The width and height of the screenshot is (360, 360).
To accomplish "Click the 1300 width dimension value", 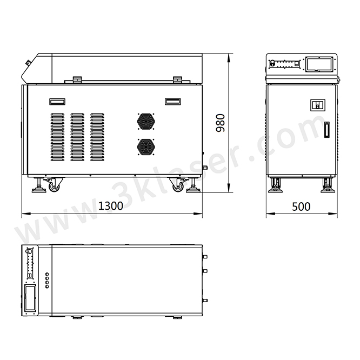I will pyautogui.click(x=111, y=206).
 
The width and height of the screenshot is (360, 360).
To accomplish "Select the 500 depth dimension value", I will pyautogui.click(x=302, y=206).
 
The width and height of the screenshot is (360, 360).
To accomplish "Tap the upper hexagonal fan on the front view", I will pyautogui.click(x=145, y=121).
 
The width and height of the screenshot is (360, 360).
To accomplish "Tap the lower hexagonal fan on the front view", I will pyautogui.click(x=145, y=145).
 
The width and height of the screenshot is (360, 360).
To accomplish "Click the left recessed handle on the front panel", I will pyautogui.click(x=57, y=101).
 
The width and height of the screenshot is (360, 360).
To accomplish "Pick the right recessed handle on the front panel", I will pyautogui.click(x=173, y=101).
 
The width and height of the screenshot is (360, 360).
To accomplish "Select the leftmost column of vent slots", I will pyautogui.click(x=57, y=137).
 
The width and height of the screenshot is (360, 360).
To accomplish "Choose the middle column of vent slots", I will pyautogui.click(x=77, y=137).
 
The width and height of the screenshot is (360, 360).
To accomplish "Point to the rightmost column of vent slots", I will pyautogui.click(x=97, y=137).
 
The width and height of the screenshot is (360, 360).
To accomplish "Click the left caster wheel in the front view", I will pyautogui.click(x=54, y=186).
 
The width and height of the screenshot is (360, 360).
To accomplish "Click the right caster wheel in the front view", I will pyautogui.click(x=178, y=186).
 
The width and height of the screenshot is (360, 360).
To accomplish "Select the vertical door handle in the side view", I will pyautogui.click(x=326, y=131).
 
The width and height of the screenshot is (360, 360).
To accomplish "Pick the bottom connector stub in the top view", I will pyautogui.click(x=204, y=300).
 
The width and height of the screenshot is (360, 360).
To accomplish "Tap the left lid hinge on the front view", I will pyautogui.click(x=77, y=79).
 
